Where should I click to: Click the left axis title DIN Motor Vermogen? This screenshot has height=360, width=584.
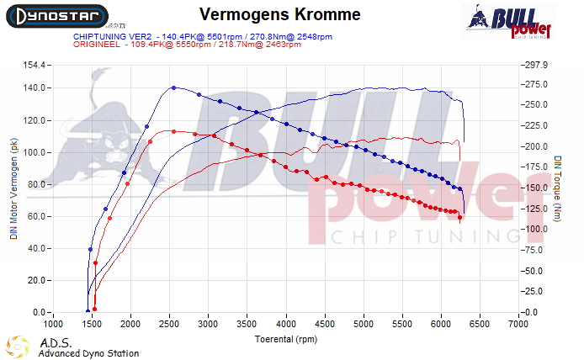pyautogui.click(x=13, y=190)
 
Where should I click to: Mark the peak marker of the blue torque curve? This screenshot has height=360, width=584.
pyautogui.click(x=173, y=87)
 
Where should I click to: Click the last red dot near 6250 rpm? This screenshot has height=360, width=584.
pyautogui.click(x=460, y=218)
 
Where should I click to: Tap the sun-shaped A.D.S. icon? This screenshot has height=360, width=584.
pyautogui.click(x=16, y=346)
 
